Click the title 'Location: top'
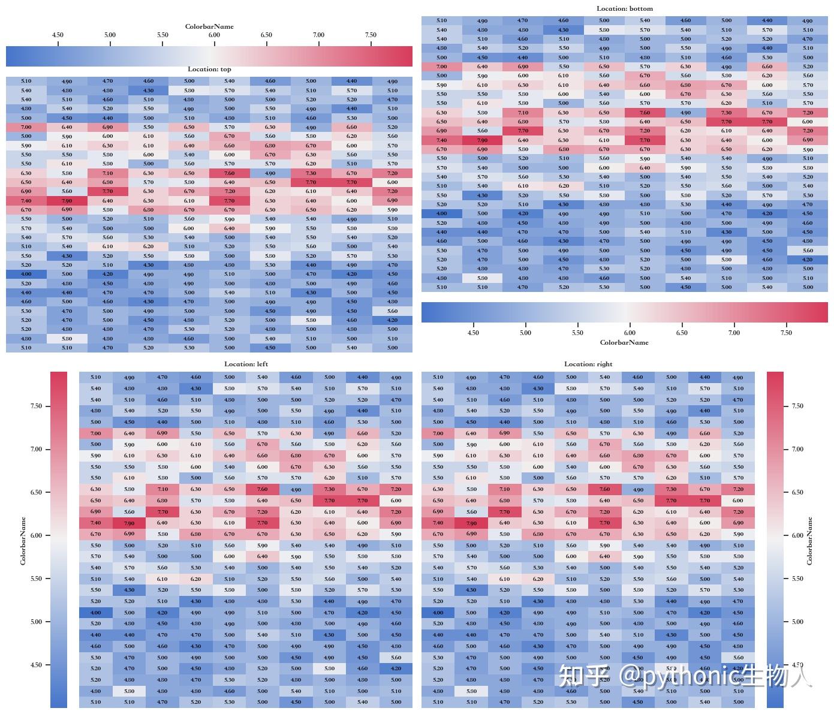[x=209, y=70]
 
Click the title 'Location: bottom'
[x=625, y=8]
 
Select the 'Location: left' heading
[x=246, y=364]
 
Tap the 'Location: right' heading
[x=588, y=364]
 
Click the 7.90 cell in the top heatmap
[x=67, y=201]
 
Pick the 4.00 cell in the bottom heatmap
[x=441, y=213]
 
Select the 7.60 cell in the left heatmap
[x=262, y=489]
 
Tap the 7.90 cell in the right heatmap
[x=471, y=523]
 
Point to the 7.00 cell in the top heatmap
[x=26, y=127]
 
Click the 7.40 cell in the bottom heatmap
[x=441, y=140]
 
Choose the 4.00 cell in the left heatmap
[x=95, y=613]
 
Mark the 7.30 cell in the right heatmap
[x=672, y=489]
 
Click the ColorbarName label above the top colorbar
[x=209, y=26]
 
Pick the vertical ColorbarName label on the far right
[x=809, y=541]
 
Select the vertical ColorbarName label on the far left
[x=23, y=541]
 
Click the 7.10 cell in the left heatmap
[x=162, y=489]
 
